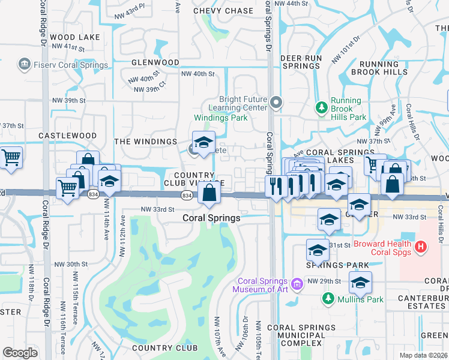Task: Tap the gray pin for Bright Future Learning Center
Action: (x=276, y=103)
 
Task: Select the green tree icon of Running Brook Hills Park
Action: (x=321, y=107)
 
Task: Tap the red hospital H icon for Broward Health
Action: (x=421, y=246)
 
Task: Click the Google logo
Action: (x=20, y=352)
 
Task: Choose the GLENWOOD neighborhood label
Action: (x=155, y=62)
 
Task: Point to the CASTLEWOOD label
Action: (x=67, y=136)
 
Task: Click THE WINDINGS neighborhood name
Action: (x=145, y=142)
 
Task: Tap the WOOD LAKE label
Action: (x=75, y=37)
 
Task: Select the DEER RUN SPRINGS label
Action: (x=301, y=62)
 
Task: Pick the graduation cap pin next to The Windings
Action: (x=203, y=143)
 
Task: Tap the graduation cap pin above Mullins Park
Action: (x=360, y=283)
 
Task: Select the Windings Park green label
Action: (x=220, y=118)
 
